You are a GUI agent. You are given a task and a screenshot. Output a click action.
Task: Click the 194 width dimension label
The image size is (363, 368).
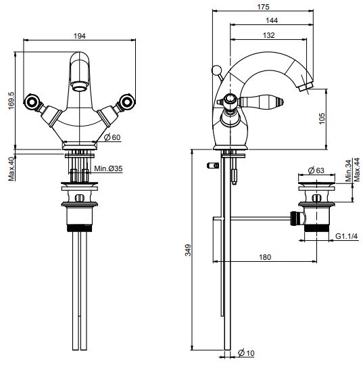[80, 36]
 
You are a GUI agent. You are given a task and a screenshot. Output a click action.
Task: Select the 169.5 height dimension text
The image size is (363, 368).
[11, 100]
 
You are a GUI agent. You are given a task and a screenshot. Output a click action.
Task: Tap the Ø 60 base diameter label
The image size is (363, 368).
[112, 137]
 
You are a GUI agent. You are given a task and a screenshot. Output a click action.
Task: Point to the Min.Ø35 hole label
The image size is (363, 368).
[108, 168]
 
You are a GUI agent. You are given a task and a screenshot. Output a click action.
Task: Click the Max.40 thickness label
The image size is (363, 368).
[11, 168]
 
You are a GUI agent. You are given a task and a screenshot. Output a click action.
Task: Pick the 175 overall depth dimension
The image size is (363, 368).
[263, 7]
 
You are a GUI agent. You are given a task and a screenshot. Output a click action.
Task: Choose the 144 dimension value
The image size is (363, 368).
[272, 20]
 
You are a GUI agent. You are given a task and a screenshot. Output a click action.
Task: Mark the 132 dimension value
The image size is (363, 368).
[268, 35]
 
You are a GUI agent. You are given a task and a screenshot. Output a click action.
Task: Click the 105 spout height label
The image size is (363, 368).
[322, 118]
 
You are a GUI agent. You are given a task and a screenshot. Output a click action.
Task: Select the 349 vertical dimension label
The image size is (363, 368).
[189, 250]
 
